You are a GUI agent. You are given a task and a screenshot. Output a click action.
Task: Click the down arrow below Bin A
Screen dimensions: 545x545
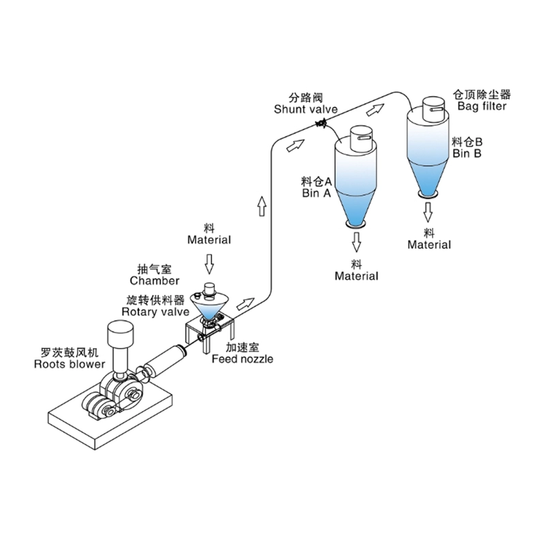(357, 240)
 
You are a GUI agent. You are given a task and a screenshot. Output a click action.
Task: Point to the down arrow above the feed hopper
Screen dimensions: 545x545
(210, 261)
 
